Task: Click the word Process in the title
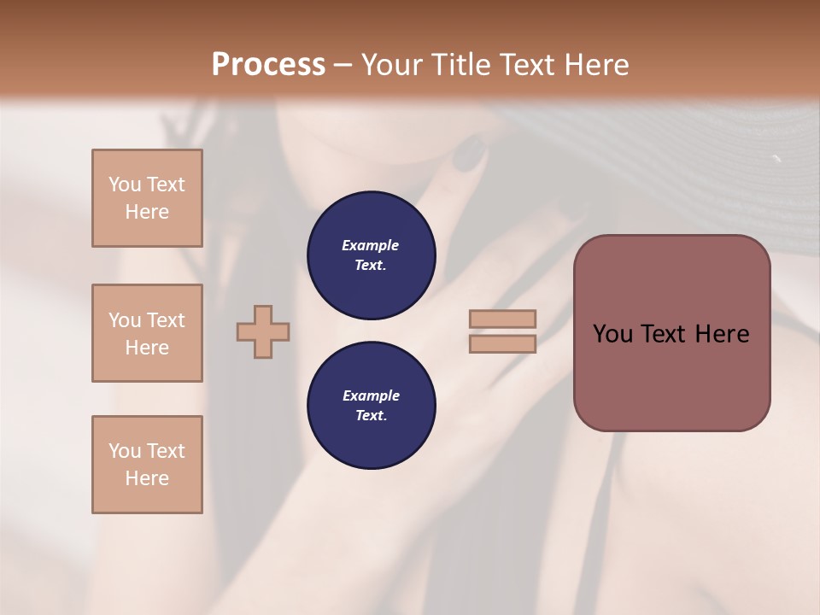tap(268, 65)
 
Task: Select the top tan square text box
tap(147, 198)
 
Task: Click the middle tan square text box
tap(147, 333)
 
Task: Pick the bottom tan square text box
tap(147, 465)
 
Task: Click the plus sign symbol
tap(263, 331)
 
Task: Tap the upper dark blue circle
tap(372, 255)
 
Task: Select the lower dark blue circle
tap(372, 405)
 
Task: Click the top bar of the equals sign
tap(502, 319)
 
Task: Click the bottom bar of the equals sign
tap(502, 343)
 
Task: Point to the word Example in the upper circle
tap(371, 245)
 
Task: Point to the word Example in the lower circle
tap(371, 395)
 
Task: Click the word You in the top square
tap(124, 184)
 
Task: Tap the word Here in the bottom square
tap(147, 478)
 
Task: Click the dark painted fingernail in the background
tap(467, 155)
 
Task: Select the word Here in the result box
tap(722, 334)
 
